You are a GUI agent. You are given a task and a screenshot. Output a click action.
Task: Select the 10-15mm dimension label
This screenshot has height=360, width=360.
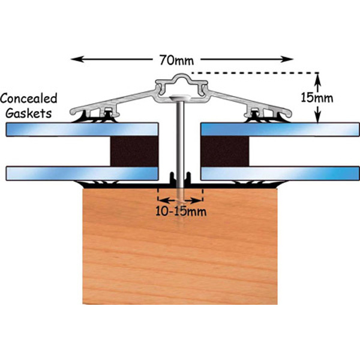tap(180, 211)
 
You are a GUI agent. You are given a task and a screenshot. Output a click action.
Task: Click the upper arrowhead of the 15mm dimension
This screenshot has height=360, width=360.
tap(319, 76)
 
